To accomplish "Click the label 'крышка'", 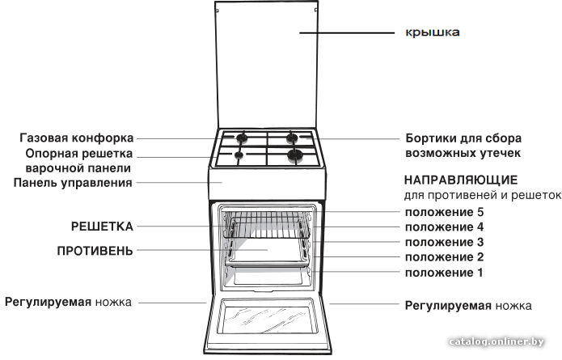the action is tap(433, 32).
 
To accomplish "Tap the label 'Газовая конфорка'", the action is tap(77, 138).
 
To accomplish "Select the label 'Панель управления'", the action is tap(73, 183).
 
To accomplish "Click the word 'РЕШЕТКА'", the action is tap(102, 227).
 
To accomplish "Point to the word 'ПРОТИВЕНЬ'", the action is tap(95, 251).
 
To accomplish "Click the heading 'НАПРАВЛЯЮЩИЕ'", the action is tap(461, 180).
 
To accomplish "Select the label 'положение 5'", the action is tap(445, 212).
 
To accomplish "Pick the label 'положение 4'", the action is tap(445, 227).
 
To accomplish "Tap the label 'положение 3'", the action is tap(445, 242).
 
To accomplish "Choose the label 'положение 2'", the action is tap(445, 257).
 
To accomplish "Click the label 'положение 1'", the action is tap(444, 273).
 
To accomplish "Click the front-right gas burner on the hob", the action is tap(295, 155).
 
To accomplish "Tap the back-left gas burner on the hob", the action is tap(242, 137).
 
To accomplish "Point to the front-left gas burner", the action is tap(239, 155).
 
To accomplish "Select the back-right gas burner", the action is tap(292, 138).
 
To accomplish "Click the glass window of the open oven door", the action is tap(268, 318).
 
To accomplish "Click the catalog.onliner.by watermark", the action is tap(497, 341).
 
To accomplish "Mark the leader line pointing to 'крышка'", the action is tap(347, 33).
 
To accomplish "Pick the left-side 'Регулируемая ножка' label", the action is tap(68, 303).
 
